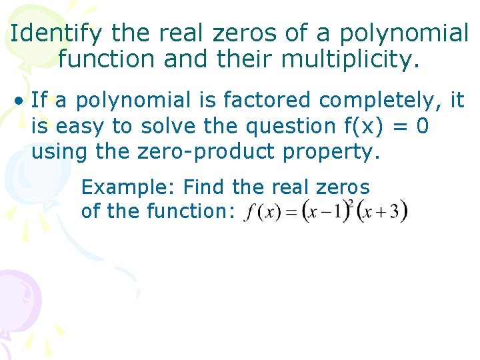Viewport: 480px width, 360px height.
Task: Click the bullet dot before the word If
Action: tap(22, 101)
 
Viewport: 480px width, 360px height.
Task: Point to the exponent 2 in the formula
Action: tap(349, 204)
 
